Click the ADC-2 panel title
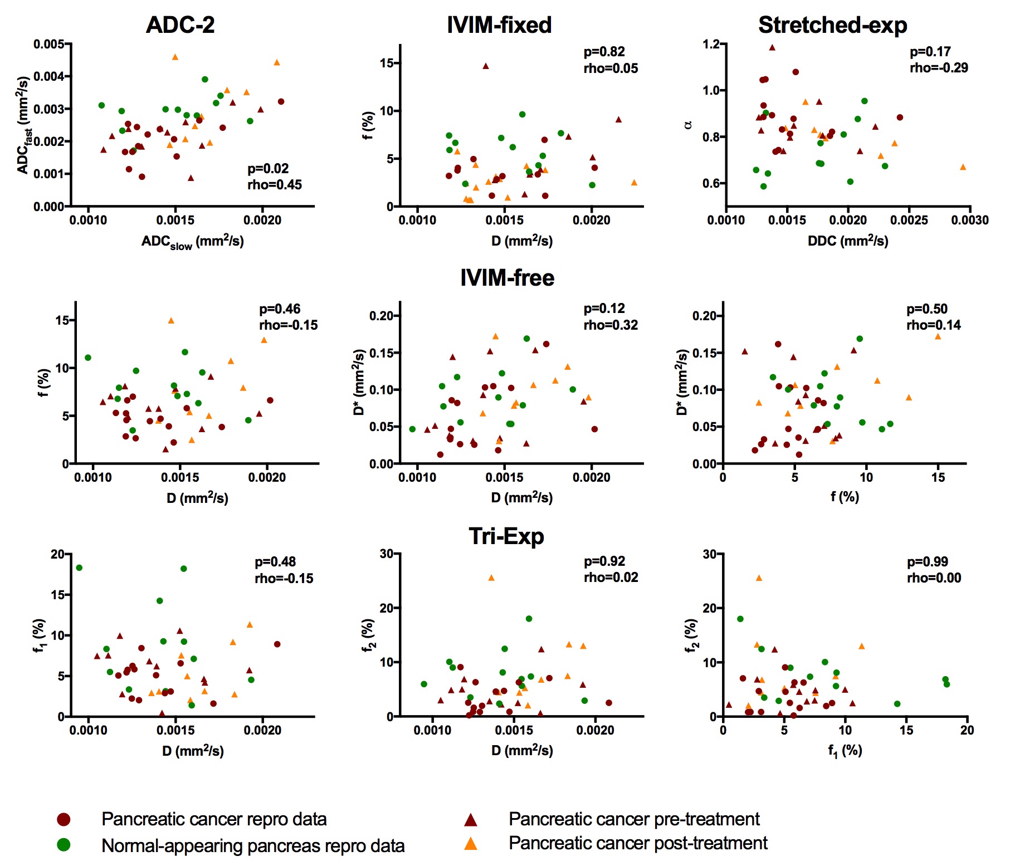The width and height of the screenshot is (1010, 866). click(x=180, y=25)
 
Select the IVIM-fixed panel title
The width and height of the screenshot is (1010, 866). click(x=499, y=25)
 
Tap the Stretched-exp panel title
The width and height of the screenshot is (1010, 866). click(x=832, y=25)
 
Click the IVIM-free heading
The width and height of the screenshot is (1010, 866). click(x=507, y=278)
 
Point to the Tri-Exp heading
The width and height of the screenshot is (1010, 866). click(x=506, y=536)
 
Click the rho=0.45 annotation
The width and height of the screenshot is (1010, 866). click(x=275, y=185)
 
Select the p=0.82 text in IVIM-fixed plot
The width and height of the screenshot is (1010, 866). click(x=604, y=52)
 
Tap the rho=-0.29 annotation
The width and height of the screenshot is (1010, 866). click(x=939, y=68)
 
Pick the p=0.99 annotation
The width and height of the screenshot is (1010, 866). click(x=928, y=562)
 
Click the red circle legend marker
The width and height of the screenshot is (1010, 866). click(x=64, y=819)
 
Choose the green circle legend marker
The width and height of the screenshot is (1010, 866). click(x=64, y=845)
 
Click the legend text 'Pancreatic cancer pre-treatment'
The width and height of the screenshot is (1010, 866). click(x=634, y=819)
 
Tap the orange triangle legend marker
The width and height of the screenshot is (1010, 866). click(x=471, y=844)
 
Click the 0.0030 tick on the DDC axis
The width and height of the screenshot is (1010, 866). click(x=970, y=221)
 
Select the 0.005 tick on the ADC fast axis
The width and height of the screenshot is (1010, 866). click(x=49, y=44)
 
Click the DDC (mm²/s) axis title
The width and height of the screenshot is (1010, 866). click(x=848, y=241)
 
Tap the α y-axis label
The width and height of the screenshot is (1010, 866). click(x=689, y=125)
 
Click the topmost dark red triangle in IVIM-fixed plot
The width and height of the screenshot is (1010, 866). click(x=485, y=66)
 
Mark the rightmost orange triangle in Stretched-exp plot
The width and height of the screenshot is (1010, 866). click(x=963, y=167)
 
